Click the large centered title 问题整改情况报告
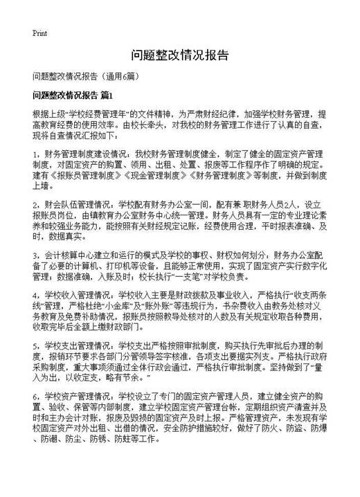pyautogui.click(x=179, y=55)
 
